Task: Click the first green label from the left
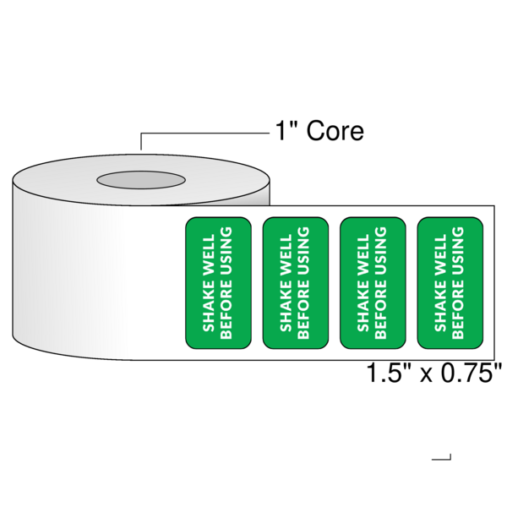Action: pos(218,283)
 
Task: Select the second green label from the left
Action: pos(295,283)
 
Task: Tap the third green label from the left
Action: pos(372,283)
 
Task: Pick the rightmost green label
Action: pos(450,283)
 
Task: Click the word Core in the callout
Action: pos(335,132)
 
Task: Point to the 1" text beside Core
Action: pos(285,132)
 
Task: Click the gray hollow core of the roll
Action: pos(141,180)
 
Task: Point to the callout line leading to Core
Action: pos(203,134)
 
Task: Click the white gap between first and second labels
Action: pos(257,283)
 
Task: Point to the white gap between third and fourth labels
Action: pos(412,283)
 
